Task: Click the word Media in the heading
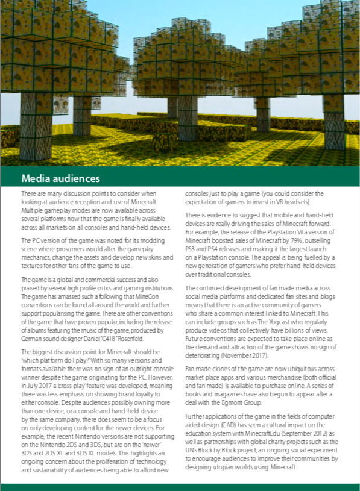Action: click(x=34, y=178)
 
